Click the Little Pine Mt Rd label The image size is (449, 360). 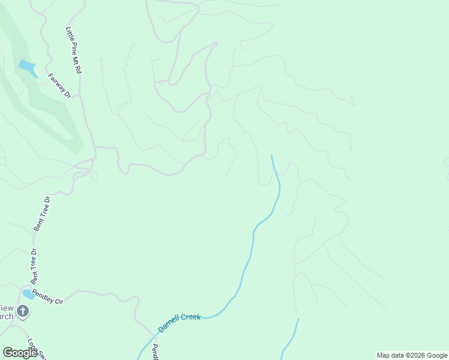click(73, 50)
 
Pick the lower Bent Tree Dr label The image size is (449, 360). click(34, 266)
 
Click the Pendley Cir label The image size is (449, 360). click(47, 296)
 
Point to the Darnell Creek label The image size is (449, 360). click(178, 322)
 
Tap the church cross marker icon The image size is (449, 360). click(23, 311)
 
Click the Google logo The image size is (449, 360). click(20, 353)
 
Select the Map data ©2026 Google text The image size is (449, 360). click(412, 355)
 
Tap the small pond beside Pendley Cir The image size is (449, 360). click(28, 294)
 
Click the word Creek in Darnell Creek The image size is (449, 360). click(190, 318)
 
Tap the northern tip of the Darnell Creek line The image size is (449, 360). click(272, 156)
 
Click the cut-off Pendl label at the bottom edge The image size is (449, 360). click(154, 352)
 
